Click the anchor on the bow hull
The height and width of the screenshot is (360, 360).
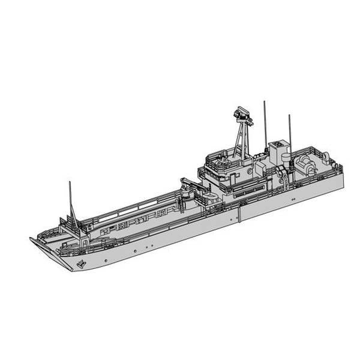(x=80, y=263)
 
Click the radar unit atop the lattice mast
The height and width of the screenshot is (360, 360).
(x=241, y=114)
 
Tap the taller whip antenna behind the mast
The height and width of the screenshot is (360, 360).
(x=265, y=123)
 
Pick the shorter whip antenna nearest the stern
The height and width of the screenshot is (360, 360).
(x=289, y=129)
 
